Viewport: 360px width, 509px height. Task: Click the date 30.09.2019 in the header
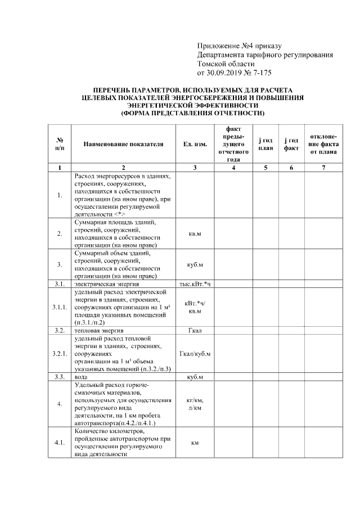tap(226, 73)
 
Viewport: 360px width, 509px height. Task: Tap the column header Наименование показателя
tap(123, 144)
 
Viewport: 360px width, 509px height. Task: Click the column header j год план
tap(265, 144)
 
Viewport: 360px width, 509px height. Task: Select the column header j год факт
tap(290, 144)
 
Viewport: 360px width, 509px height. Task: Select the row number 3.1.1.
tap(60, 307)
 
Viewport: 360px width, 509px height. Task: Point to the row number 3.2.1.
tap(60, 354)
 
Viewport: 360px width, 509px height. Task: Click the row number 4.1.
tap(60, 443)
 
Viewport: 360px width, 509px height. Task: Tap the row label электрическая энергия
tap(100, 284)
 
